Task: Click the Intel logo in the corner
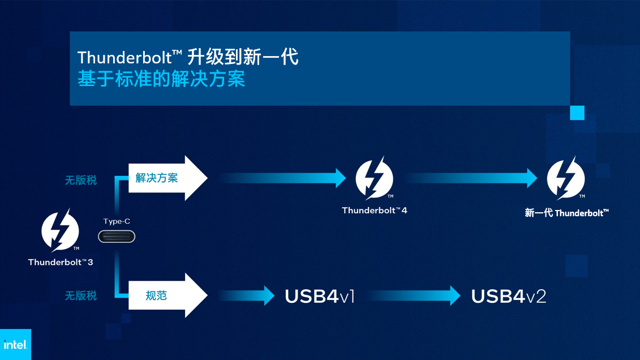(15, 345)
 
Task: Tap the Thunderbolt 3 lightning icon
(60, 230)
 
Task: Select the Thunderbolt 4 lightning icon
(374, 178)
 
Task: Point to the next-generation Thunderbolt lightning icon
(566, 178)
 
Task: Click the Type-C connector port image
(117, 237)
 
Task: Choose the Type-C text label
(117, 221)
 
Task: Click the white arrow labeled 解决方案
(167, 178)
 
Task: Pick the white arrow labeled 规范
(167, 295)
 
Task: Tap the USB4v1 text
(320, 297)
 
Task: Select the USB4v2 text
(509, 297)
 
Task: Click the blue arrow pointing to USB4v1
(246, 295)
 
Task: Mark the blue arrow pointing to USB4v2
(414, 295)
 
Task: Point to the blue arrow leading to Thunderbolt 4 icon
(282, 178)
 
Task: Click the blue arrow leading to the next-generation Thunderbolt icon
(472, 178)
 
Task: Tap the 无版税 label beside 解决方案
(81, 180)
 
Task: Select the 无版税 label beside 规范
(81, 295)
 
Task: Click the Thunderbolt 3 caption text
(61, 262)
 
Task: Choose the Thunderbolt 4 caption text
(374, 210)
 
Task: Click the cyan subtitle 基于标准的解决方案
(161, 78)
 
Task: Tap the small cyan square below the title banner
(577, 113)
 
